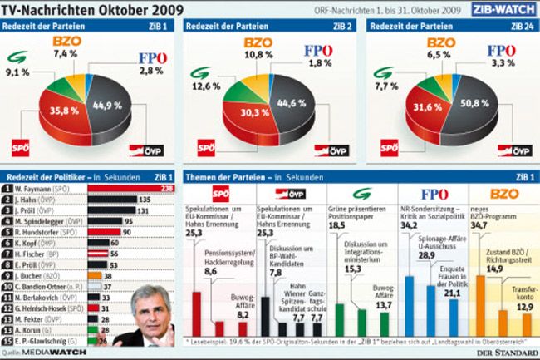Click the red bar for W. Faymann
[138, 189]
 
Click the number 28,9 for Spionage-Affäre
[427, 255]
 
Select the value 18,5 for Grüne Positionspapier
[337, 225]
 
